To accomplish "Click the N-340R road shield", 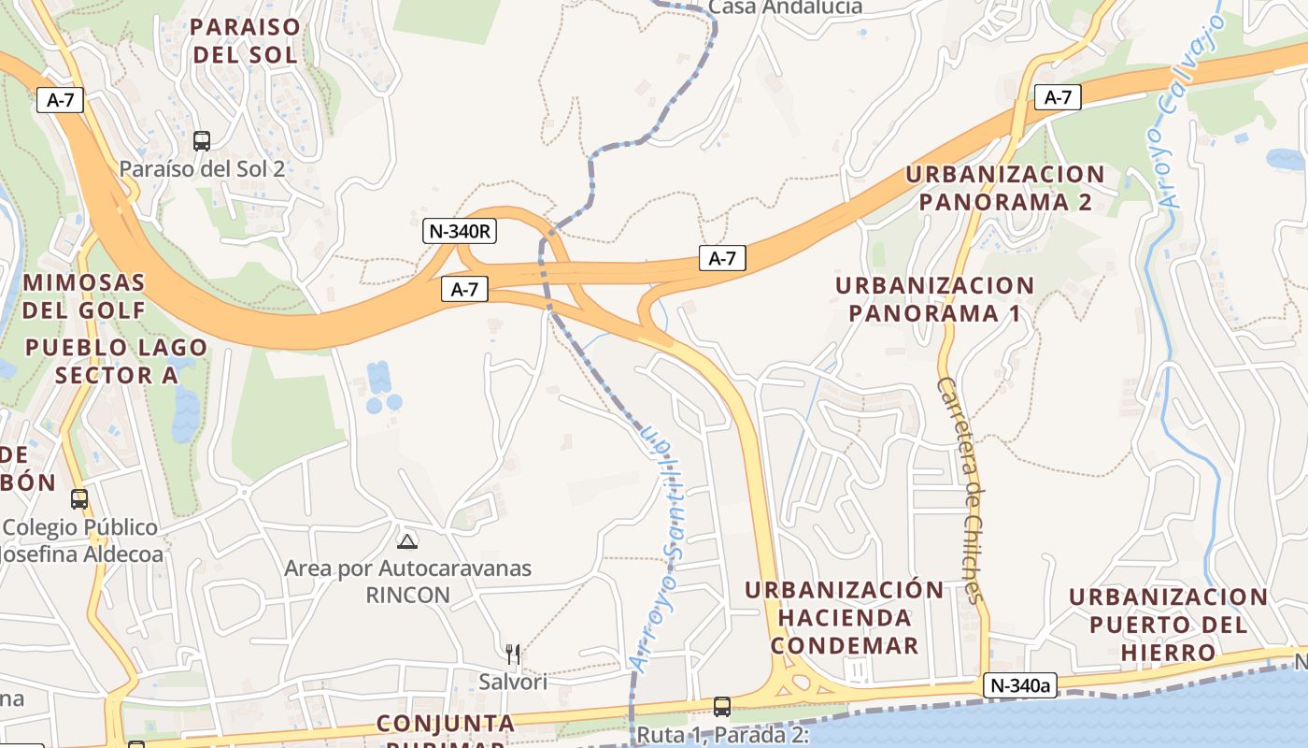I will (460, 231).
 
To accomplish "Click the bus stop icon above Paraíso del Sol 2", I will (201, 141).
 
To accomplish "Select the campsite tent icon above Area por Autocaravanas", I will (407, 540).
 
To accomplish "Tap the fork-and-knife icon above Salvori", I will (512, 654).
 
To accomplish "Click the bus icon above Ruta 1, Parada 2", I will (721, 706).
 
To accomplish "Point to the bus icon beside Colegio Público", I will (79, 499).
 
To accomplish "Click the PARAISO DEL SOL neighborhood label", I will (245, 40).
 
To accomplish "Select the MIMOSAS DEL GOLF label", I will (84, 295).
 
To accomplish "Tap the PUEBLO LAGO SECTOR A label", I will (116, 361).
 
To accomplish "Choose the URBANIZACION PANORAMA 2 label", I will (1005, 188).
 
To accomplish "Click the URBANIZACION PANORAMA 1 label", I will (935, 299).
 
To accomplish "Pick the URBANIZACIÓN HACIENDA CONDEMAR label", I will (845, 617).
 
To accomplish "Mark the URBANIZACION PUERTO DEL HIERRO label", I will (1169, 624).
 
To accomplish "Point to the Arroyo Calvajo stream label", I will (1191, 108).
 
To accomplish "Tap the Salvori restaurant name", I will (513, 682).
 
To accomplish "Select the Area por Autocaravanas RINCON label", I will (407, 581).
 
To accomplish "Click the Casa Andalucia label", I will (785, 7).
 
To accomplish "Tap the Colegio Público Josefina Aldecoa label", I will (81, 540).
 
